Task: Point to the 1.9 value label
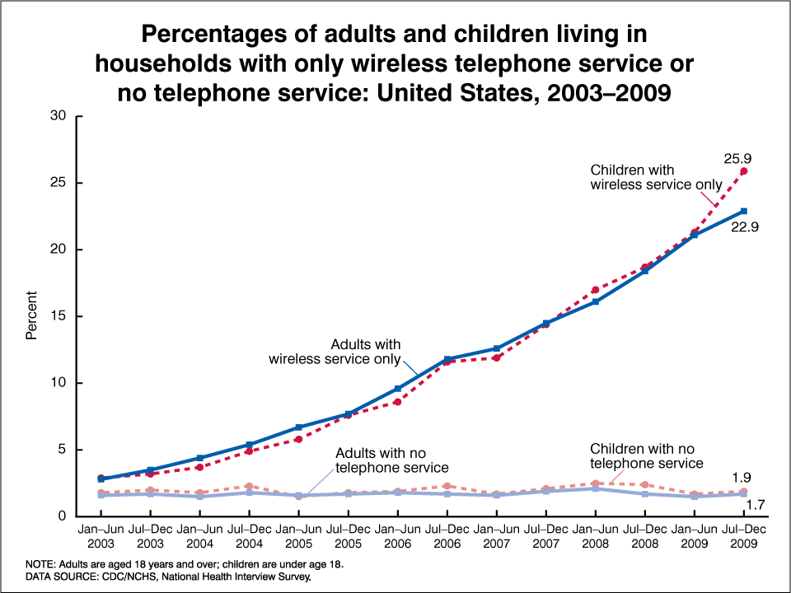coord(742,478)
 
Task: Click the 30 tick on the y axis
coord(59,115)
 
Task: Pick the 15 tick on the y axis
coord(59,316)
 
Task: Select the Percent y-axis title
coord(31,315)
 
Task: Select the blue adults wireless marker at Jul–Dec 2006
coord(447,359)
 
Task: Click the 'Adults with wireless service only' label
coord(335,352)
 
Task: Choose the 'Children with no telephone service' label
coord(647,455)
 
